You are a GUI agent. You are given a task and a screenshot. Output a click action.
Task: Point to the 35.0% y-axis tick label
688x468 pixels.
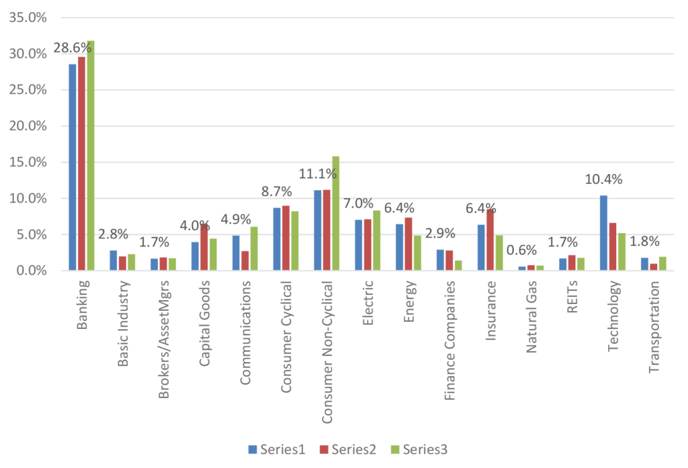coord(28,17)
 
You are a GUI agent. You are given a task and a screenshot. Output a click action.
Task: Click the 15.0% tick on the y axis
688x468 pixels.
coord(28,162)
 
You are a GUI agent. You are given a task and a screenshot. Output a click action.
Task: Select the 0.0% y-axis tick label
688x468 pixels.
coord(32,271)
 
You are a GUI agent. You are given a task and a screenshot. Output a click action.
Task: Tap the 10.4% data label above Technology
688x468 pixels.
coord(603,179)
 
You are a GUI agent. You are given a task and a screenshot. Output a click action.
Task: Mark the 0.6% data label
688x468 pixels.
coord(523,251)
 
